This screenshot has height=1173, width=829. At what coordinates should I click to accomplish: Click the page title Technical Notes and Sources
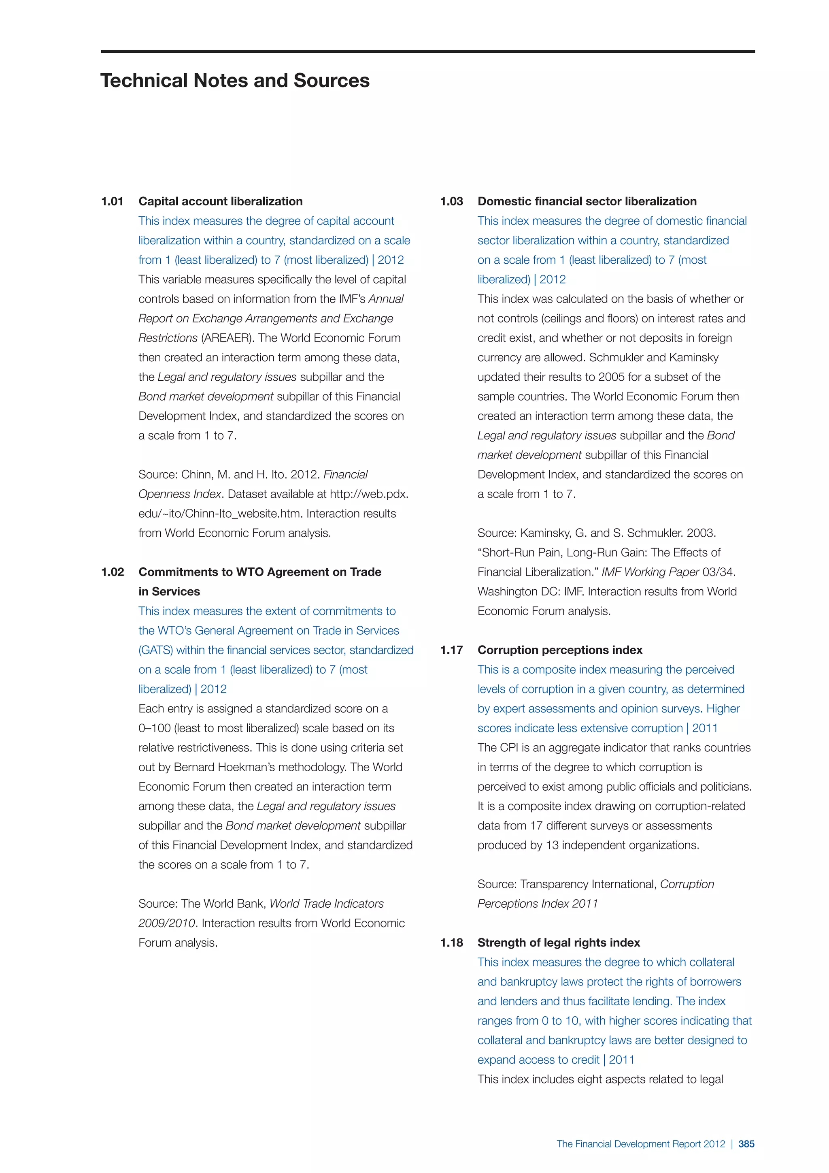[235, 81]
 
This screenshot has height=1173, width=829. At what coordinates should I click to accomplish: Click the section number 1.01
[112, 201]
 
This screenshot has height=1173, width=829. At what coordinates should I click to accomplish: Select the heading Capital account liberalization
[221, 201]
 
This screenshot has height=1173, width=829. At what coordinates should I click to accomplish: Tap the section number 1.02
[112, 572]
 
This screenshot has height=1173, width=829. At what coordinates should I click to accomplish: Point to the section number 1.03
[451, 201]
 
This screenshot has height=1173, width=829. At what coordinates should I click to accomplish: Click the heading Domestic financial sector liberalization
[587, 201]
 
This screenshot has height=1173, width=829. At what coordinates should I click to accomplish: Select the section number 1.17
[451, 650]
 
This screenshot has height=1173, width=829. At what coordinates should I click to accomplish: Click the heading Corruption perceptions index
[560, 650]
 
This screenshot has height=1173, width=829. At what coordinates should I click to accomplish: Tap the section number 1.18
[451, 943]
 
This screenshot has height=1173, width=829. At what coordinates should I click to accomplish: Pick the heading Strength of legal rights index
[559, 943]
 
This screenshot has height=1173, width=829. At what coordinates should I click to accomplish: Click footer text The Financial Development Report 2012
[641, 1144]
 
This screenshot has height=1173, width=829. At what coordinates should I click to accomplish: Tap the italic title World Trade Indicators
[327, 904]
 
